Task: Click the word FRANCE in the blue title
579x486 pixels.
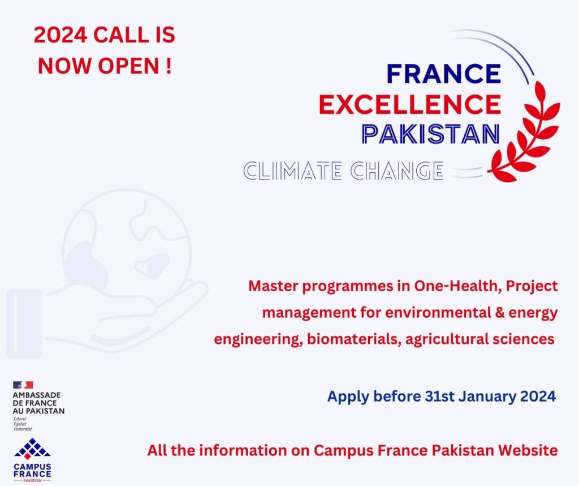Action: coord(443,74)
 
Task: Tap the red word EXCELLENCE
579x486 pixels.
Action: coord(409,104)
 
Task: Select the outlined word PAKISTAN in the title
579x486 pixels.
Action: coord(430,134)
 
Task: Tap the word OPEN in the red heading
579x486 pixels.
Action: coord(129,66)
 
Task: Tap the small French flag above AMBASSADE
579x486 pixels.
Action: coord(23,385)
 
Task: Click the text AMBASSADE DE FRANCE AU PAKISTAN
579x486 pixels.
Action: coord(38,403)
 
